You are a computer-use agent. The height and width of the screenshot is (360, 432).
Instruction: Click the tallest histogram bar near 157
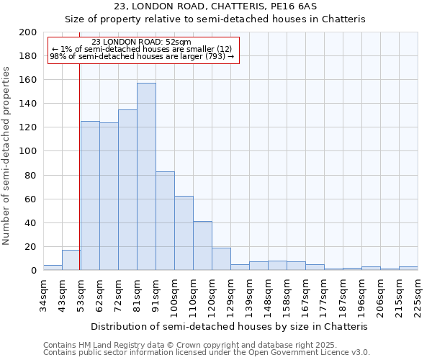pyautogui.click(x=146, y=176)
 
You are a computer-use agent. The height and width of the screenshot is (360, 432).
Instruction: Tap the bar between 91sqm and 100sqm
pyautogui.click(x=165, y=220)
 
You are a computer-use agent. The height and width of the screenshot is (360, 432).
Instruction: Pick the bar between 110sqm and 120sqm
pyautogui.click(x=202, y=246)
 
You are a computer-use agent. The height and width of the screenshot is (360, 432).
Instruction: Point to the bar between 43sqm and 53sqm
pyautogui.click(x=71, y=261)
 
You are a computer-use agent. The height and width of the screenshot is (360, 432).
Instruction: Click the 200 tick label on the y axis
pyautogui.click(x=28, y=32)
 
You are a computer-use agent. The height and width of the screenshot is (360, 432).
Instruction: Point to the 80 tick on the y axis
pyautogui.click(x=31, y=175)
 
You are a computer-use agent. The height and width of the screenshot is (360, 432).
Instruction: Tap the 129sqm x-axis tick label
pyautogui.click(x=230, y=294)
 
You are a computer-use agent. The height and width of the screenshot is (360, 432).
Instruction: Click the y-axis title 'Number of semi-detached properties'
pyautogui.click(x=6, y=156)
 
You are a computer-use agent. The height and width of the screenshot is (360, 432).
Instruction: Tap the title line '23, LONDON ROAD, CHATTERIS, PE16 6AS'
pyautogui.click(x=216, y=6)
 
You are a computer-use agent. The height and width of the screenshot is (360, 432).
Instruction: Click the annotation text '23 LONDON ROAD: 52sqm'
pyautogui.click(x=142, y=42)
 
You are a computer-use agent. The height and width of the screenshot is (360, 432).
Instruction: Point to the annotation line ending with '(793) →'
pyautogui.click(x=142, y=57)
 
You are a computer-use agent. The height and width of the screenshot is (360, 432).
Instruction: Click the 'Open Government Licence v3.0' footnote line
pyautogui.click(x=207, y=352)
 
